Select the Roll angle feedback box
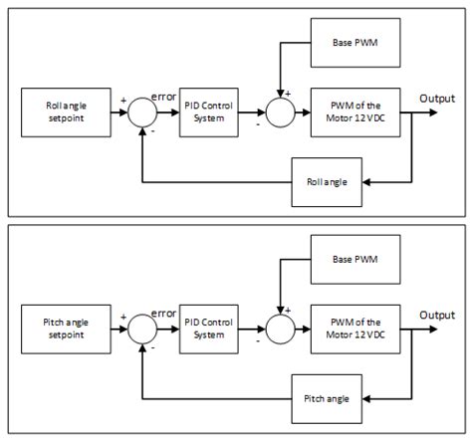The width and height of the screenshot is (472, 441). (x=328, y=181)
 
